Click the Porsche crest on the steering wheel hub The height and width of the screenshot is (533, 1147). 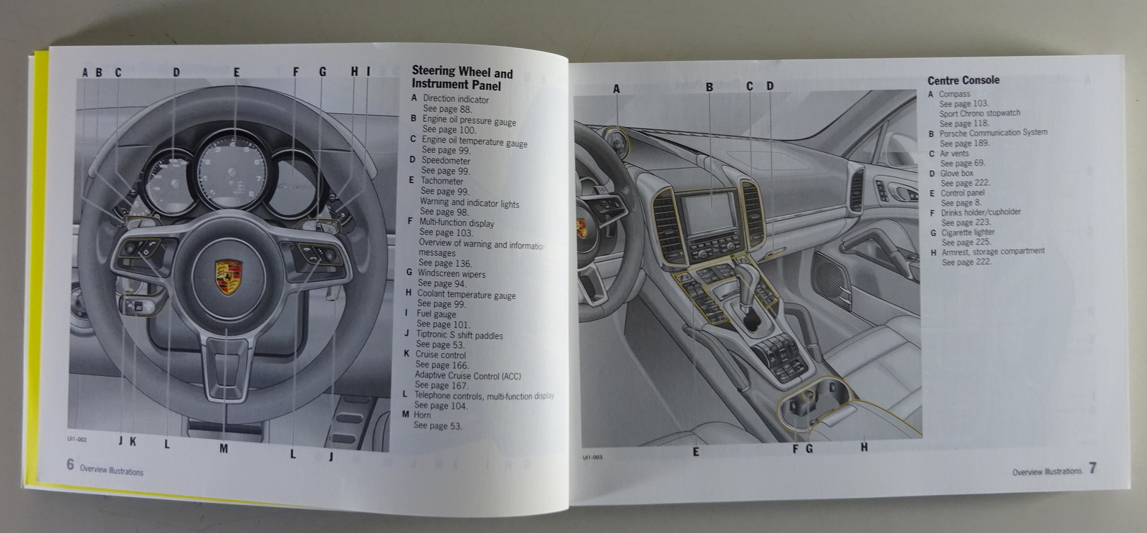229,276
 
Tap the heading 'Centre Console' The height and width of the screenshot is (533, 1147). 963,80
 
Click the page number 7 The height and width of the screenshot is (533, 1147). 1092,468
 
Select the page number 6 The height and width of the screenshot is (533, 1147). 70,464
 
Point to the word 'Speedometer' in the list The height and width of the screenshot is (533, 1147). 445,161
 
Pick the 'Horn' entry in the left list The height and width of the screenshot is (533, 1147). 422,415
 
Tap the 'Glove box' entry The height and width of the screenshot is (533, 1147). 956,174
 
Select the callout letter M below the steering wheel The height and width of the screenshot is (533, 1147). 224,449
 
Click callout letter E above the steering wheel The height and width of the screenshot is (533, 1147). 236,72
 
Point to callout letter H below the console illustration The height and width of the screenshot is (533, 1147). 864,447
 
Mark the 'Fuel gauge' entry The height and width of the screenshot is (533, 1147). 436,314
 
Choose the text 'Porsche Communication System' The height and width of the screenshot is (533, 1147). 993,133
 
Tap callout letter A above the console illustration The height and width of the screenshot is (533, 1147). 616,89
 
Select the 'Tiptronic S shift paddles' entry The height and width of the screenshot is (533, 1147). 459,335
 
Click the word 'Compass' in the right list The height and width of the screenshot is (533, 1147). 954,94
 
